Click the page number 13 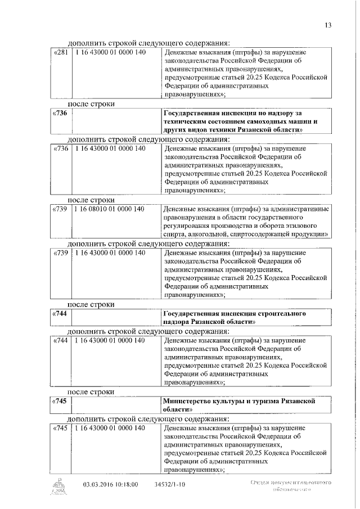(x=328, y=24)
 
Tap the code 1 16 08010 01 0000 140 (x=110, y=209)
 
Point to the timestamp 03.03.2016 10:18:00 (x=110, y=483)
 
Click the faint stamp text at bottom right (x=290, y=486)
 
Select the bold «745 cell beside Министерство (x=59, y=402)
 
